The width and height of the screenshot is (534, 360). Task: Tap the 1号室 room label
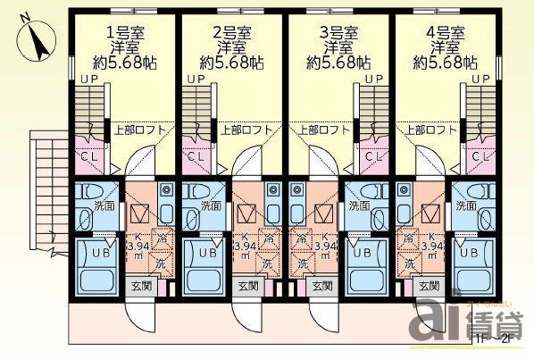tap(126, 29)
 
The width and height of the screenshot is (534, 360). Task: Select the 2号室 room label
tap(231, 29)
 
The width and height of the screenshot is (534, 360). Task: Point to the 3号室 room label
tap(337, 29)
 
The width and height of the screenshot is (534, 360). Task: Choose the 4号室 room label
tap(444, 29)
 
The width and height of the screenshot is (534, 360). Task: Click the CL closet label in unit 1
tap(90, 156)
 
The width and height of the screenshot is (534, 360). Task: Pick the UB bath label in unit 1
tap(90, 254)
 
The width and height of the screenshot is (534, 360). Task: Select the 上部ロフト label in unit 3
tap(323, 130)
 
